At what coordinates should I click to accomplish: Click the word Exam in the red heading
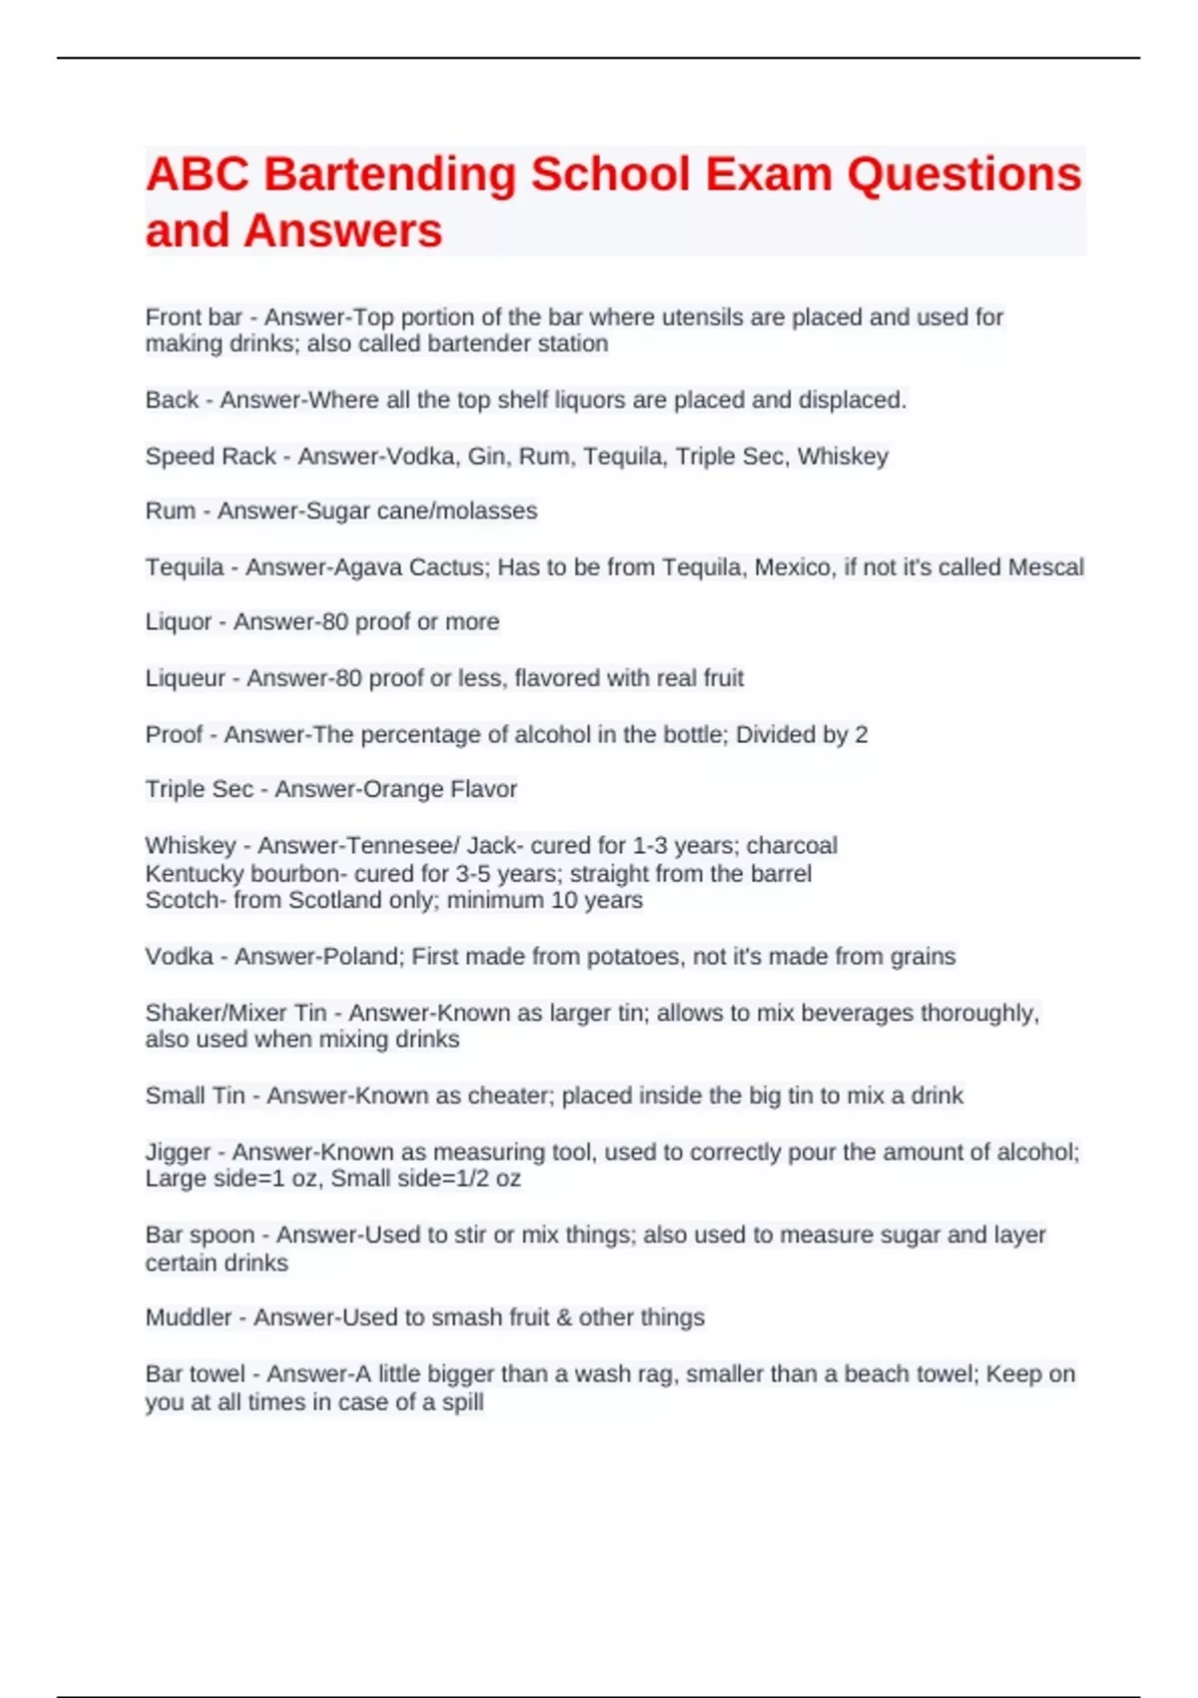click(769, 175)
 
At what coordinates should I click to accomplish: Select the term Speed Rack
click(211, 456)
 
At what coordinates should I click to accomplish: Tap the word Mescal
click(1045, 567)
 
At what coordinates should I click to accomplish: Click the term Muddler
click(189, 1317)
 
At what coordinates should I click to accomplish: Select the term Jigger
click(178, 1153)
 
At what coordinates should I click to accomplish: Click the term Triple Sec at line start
click(199, 789)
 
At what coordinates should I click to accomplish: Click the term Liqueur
click(185, 678)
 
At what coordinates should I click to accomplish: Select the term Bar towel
click(195, 1374)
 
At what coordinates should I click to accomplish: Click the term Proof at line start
click(174, 735)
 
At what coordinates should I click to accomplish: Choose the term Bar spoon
click(200, 1236)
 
